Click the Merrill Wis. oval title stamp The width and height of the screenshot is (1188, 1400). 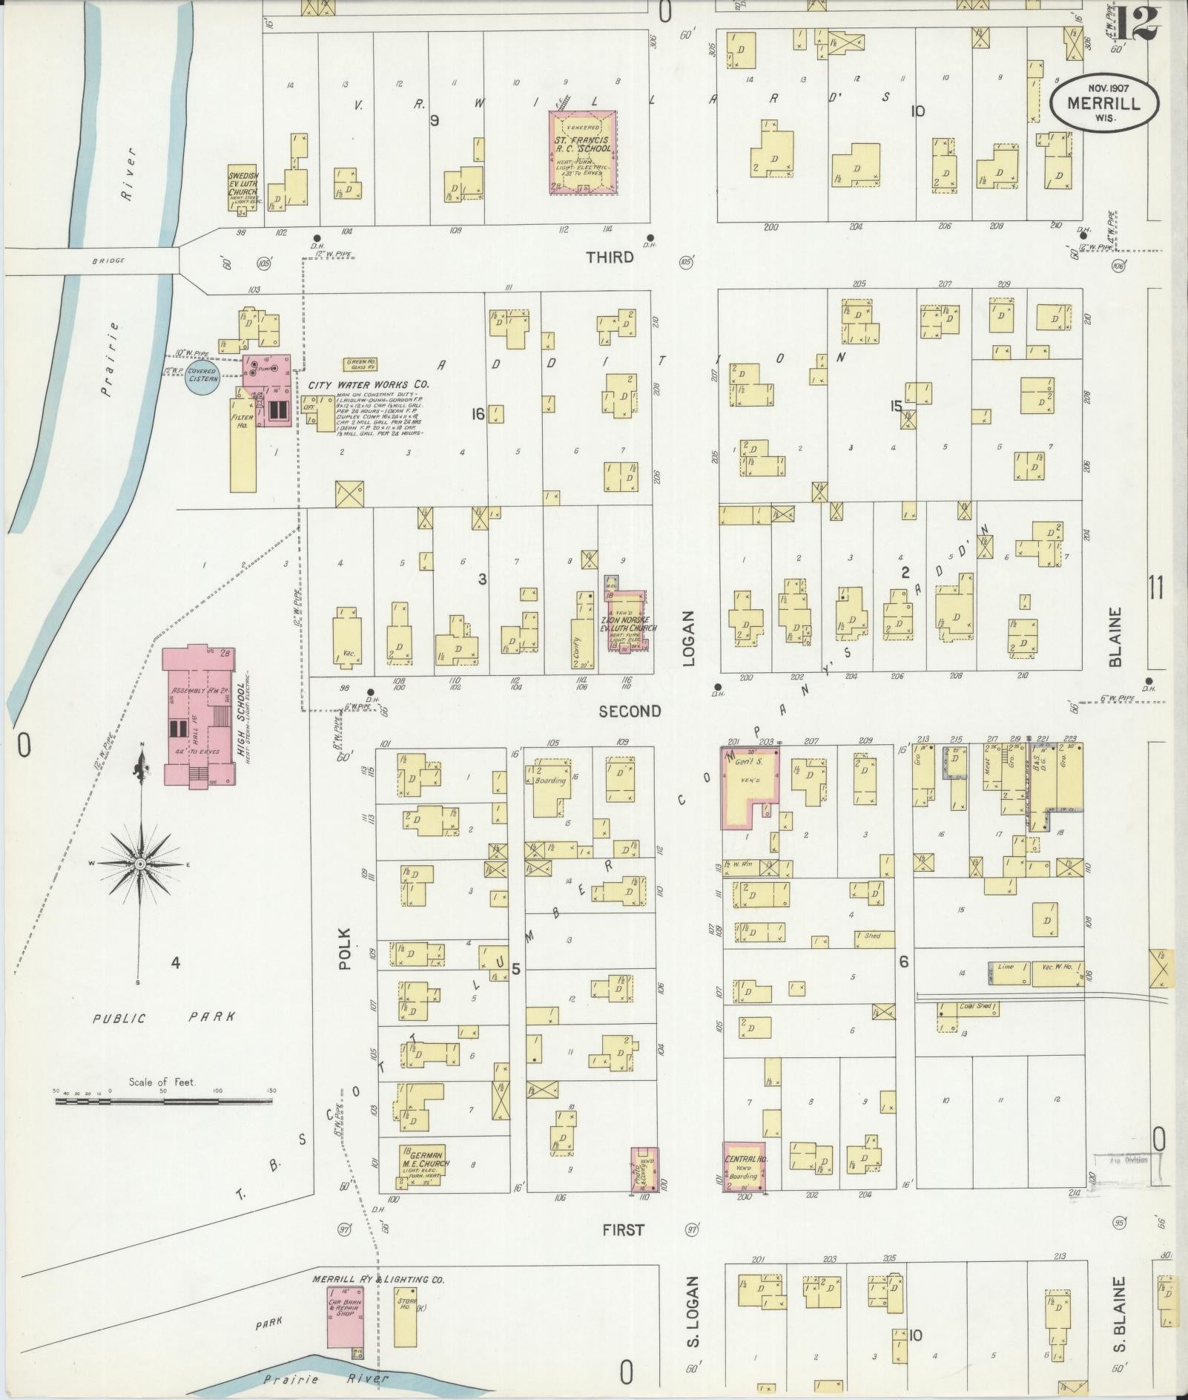pos(1104,105)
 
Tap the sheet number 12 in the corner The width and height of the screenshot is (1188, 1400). pos(1134,24)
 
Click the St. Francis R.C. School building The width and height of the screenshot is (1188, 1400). pos(582,152)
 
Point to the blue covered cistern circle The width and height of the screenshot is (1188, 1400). pos(202,375)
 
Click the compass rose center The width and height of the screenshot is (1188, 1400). pos(139,864)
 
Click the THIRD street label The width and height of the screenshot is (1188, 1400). pos(610,257)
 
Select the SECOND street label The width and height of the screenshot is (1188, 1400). pos(629,711)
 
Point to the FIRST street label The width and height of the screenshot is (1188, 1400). pos(623,1230)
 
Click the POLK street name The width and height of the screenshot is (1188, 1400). pos(344,949)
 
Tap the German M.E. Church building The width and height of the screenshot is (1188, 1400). pos(424,1166)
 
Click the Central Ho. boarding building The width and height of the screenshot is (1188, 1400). pos(744,1166)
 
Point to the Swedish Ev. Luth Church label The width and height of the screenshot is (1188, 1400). pos(242,183)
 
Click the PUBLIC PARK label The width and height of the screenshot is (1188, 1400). pos(164,1018)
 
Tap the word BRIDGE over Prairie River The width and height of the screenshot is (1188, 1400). pos(108,260)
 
